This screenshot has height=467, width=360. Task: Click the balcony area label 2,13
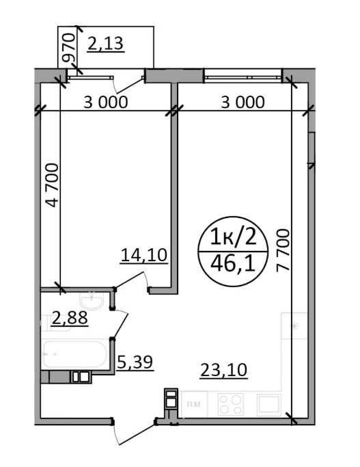point(106,43)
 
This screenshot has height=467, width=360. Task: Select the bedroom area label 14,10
point(144,255)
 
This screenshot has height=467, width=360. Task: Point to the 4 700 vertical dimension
point(52,185)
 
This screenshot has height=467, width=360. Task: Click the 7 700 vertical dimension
point(283,250)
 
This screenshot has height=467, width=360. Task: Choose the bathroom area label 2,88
point(70,317)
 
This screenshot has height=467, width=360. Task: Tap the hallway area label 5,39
point(135,362)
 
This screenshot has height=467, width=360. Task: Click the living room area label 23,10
point(224,370)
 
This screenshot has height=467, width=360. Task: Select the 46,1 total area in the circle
point(233,264)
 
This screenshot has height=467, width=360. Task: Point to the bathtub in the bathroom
point(74,354)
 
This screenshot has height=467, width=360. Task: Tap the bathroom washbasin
point(92,300)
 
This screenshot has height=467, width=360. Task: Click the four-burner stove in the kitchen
point(231,404)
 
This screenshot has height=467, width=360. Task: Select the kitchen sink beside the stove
point(268,404)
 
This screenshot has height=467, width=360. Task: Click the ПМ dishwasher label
point(194,404)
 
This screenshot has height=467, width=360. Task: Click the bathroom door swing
point(120,324)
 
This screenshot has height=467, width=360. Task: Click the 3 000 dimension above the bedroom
point(106,102)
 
